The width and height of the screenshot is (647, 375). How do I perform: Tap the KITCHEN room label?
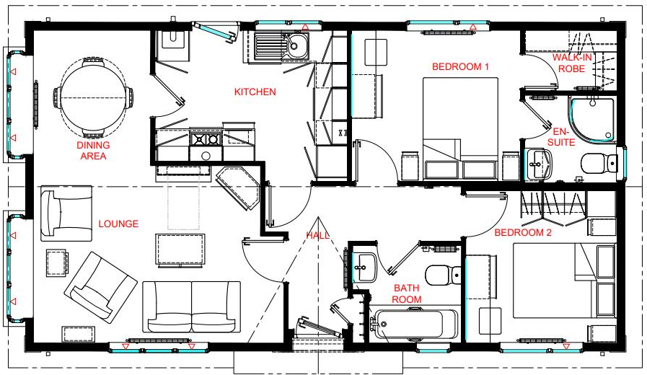255,92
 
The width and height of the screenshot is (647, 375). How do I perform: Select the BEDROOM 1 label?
460,66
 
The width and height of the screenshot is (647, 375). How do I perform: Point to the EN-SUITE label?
563,138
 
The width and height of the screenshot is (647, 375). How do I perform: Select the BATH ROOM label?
408,294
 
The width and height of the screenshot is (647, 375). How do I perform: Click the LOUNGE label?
118,224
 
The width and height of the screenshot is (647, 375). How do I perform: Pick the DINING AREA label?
92,150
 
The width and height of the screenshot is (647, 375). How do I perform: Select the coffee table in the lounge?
177,250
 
